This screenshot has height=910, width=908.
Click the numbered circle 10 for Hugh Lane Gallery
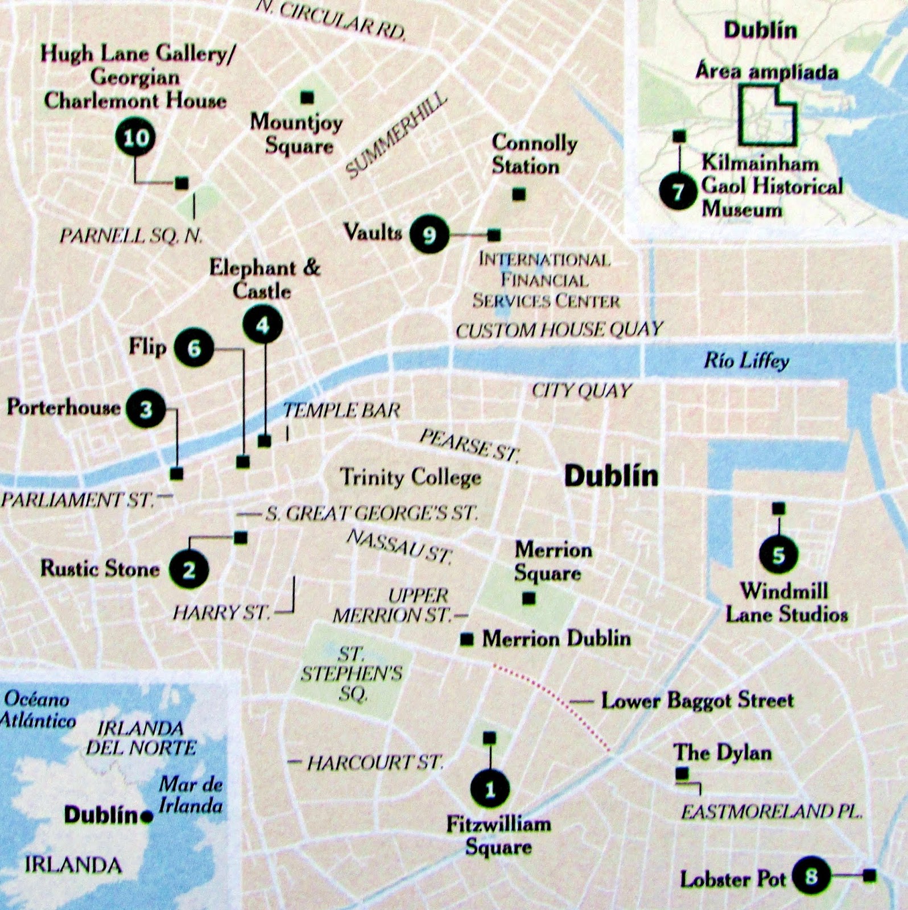tap(136, 138)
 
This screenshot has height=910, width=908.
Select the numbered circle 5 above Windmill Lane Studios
tap(778, 555)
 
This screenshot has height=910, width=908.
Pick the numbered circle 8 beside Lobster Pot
tap(811, 876)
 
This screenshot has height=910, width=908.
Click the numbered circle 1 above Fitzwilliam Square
tap(490, 789)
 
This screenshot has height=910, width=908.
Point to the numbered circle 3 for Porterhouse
tap(146, 409)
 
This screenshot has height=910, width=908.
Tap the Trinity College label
tap(410, 477)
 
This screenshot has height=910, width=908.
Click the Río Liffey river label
tap(746, 361)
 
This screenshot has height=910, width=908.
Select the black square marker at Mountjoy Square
tap(307, 98)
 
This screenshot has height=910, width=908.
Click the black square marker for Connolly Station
tap(518, 195)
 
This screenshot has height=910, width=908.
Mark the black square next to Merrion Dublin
tap(467, 640)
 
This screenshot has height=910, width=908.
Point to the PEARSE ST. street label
tap(469, 445)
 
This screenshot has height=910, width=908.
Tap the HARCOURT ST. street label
tap(374, 762)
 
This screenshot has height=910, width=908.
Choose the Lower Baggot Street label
tap(697, 700)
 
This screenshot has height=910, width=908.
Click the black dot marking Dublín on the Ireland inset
tap(147, 817)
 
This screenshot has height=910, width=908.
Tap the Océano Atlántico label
tap(38, 710)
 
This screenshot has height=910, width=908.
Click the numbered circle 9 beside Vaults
tap(430, 234)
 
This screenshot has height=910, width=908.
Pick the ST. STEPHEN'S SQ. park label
tap(352, 674)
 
